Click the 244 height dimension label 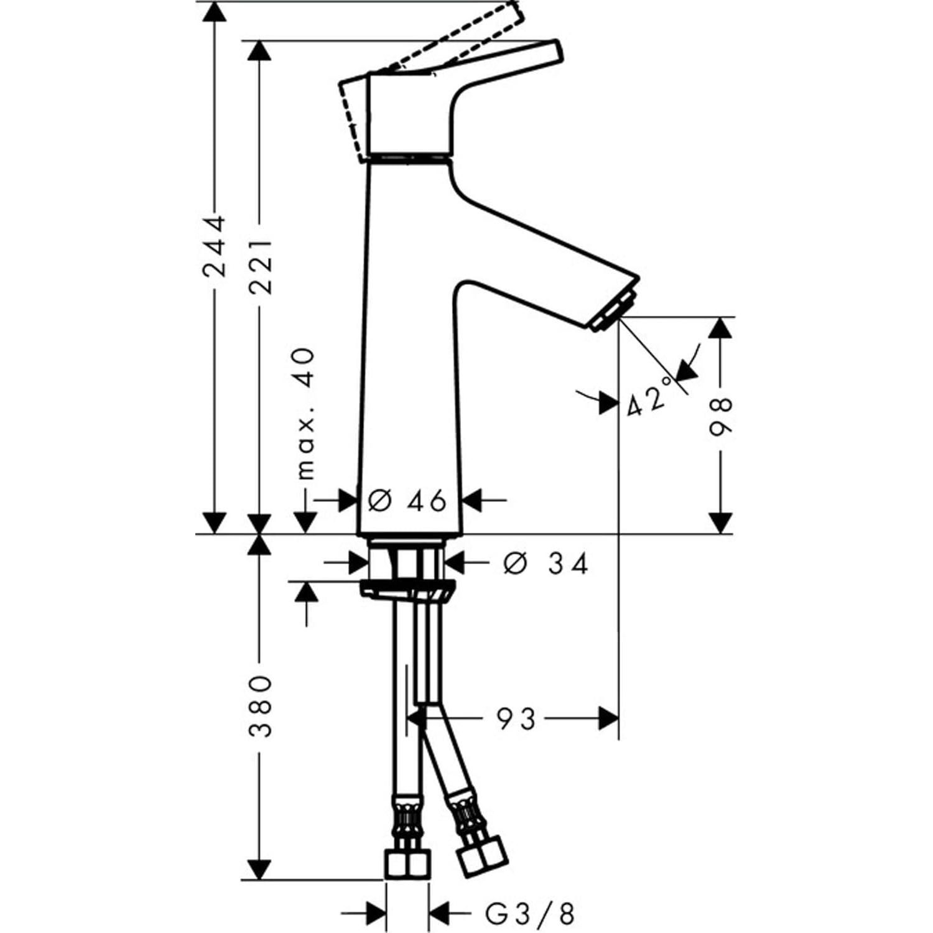(x=215, y=246)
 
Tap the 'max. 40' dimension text (x=305, y=414)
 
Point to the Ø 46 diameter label (x=407, y=501)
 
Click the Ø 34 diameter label (x=545, y=564)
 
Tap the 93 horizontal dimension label (x=516, y=720)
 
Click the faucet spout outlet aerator (x=613, y=312)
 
